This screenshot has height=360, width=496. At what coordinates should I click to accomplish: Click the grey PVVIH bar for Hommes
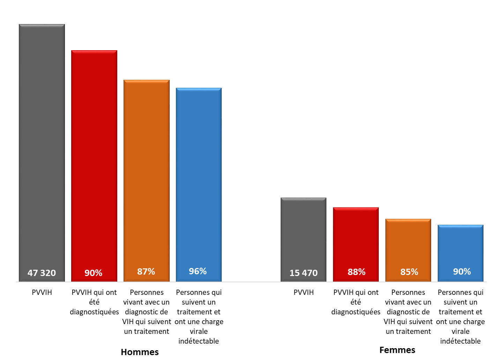pos(42,146)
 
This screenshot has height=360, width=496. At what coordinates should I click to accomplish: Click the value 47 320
pos(42,273)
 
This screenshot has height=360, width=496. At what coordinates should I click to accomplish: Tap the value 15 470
pos(303,273)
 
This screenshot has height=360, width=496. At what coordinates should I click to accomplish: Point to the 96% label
pos(198,271)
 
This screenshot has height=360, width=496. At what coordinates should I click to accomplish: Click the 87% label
pos(146,271)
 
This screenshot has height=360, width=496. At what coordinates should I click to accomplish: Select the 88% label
pos(356,272)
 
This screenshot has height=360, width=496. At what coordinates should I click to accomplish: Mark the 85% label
pos(409,272)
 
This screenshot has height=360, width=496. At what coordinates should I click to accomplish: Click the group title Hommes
pos(140,352)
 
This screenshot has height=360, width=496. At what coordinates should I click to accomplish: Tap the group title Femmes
pos(397,350)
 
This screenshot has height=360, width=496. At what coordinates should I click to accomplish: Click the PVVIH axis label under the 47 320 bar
pos(42,292)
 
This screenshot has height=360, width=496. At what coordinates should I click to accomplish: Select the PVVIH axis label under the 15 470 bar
pos(303,292)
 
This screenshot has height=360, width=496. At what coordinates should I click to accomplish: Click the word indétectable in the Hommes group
pos(198,341)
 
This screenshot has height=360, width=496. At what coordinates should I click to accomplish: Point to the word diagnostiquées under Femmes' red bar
pos(356,312)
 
